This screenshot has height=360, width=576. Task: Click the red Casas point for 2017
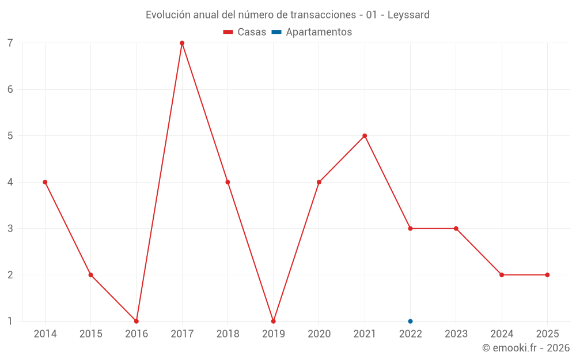[182, 43]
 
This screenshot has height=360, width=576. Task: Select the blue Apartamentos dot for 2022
[410, 321]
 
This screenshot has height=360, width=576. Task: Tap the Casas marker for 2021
[365, 136]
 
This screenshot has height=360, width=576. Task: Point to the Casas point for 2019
[273, 321]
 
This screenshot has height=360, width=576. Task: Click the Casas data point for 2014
[45, 182]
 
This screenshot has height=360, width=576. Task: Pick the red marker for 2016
[137, 321]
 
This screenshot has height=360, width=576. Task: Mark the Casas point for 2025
[547, 275]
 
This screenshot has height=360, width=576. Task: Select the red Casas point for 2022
[410, 229]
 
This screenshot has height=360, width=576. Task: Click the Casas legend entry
[245, 32]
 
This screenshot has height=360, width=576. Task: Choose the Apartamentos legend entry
[312, 32]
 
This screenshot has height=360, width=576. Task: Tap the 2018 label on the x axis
[228, 334]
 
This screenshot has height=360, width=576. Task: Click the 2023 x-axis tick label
[456, 334]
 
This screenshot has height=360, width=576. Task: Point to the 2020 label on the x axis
[319, 334]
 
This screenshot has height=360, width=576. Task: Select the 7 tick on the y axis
[10, 43]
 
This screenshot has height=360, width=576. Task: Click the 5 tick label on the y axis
[10, 136]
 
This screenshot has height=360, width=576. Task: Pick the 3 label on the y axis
[10, 229]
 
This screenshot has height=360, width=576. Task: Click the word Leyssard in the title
[408, 15]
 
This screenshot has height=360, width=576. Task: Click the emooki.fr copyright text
[526, 348]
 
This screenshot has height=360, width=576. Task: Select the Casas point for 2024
[502, 275]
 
